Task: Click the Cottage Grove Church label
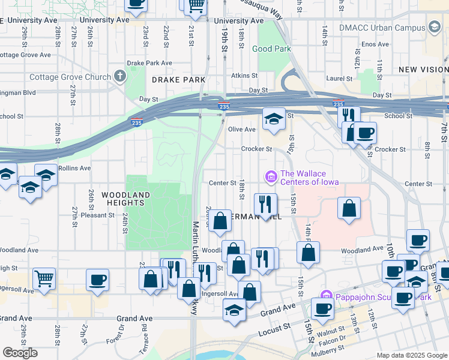[x=70, y=77]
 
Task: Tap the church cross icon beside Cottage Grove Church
[x=120, y=76]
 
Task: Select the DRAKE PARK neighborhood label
[x=178, y=80]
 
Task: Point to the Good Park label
[x=271, y=49]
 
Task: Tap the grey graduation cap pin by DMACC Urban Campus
[x=434, y=28]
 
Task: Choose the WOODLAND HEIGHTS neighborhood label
[x=125, y=199]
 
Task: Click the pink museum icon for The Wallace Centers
[x=270, y=176]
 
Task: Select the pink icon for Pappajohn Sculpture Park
[x=326, y=295]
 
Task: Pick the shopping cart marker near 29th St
[x=44, y=278]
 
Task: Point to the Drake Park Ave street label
[x=149, y=63]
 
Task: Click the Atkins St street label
[x=245, y=76]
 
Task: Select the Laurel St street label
[x=339, y=79]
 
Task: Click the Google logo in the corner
[x=20, y=353]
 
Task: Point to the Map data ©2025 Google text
[x=411, y=355]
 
